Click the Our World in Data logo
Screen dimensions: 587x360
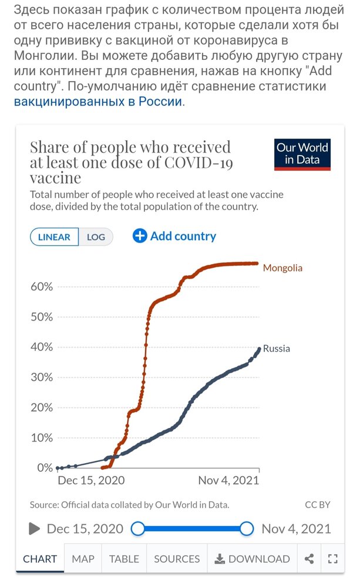[302, 154]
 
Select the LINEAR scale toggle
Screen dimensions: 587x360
[54, 237]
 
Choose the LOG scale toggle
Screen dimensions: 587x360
[96, 237]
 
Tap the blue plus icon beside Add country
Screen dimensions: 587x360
[140, 236]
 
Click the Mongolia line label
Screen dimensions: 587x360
[282, 268]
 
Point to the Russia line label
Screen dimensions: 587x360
[276, 349]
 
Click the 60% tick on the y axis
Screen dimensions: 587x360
[42, 287]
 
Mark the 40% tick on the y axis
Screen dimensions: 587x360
[42, 348]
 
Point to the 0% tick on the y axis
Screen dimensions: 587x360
[45, 468]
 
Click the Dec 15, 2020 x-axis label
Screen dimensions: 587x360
[91, 480]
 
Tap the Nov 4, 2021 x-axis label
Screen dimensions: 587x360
[228, 480]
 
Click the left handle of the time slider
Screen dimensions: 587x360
[137, 529]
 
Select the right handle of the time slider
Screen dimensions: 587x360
[247, 529]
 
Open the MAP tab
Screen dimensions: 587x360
[83, 559]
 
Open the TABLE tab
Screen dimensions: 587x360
[124, 559]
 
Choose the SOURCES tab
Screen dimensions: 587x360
[177, 559]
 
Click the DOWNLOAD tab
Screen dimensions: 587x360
[253, 559]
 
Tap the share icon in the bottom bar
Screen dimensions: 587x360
[309, 559]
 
